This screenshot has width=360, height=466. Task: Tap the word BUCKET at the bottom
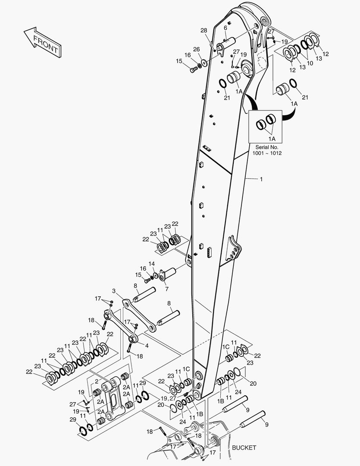tap(244, 448)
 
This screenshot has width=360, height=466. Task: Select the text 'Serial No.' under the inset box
tap(267, 147)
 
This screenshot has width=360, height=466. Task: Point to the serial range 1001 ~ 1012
tap(267, 154)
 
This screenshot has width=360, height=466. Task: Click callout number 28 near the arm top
tap(203, 30)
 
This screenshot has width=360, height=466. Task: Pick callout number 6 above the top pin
tap(225, 28)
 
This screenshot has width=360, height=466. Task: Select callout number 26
tap(196, 49)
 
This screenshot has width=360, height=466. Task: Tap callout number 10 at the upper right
tap(310, 57)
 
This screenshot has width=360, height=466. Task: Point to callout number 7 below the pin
tap(166, 288)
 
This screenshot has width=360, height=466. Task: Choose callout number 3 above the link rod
tap(114, 291)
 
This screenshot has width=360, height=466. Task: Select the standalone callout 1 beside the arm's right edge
tap(260, 178)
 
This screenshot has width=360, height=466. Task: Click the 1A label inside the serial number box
tap(272, 139)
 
